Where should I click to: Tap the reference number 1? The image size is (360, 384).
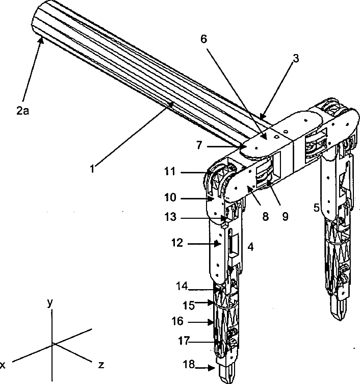pos(92,168)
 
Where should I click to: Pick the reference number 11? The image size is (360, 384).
pos(170,172)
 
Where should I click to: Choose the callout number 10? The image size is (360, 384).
pos(170,197)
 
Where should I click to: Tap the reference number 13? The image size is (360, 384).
pos(170,218)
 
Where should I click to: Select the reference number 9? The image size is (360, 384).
pos(285,216)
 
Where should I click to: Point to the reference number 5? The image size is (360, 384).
pos(317,208)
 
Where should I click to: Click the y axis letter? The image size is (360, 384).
pos(50,302)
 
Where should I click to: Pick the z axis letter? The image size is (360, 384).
pos(102,365)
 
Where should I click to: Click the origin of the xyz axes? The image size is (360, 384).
pos(53,344)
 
